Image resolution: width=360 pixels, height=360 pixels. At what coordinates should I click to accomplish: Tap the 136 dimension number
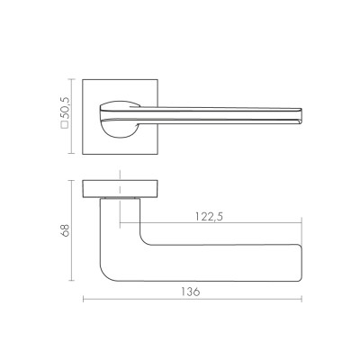point(190,292)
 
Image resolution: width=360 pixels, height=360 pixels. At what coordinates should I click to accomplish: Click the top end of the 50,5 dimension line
point(73,78)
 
